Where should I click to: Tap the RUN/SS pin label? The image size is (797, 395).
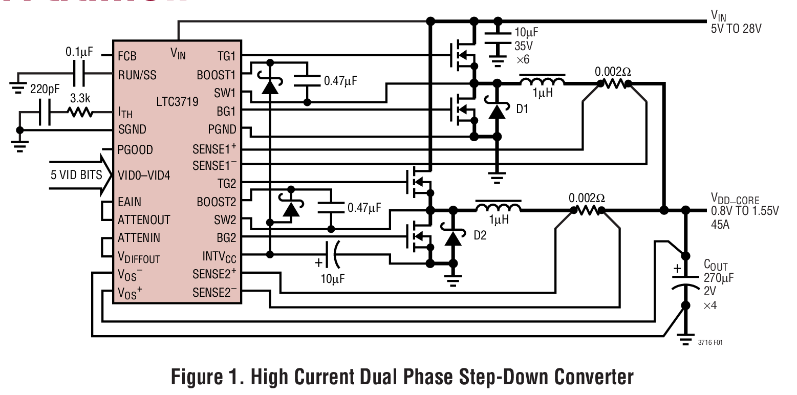click(137, 75)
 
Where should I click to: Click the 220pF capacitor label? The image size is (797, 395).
click(45, 89)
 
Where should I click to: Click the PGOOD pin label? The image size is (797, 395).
click(135, 150)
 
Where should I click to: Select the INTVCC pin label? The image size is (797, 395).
click(220, 255)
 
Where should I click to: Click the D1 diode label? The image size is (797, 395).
click(523, 109)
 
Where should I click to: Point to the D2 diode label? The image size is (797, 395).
click(480, 236)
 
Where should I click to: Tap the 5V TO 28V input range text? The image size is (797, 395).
click(736, 29)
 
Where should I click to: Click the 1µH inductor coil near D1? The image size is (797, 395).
click(542, 81)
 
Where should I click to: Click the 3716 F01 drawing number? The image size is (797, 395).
click(710, 342)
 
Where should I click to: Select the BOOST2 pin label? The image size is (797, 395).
click(217, 202)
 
